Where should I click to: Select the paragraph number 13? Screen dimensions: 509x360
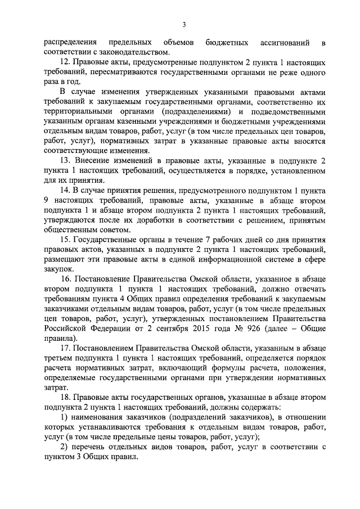pyautogui.click(x=64, y=161)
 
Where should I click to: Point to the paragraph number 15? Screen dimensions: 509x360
pyautogui.click(x=64, y=240)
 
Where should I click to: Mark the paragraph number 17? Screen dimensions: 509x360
pyautogui.click(x=64, y=348)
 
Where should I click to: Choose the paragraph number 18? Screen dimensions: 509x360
pyautogui.click(x=64, y=397)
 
